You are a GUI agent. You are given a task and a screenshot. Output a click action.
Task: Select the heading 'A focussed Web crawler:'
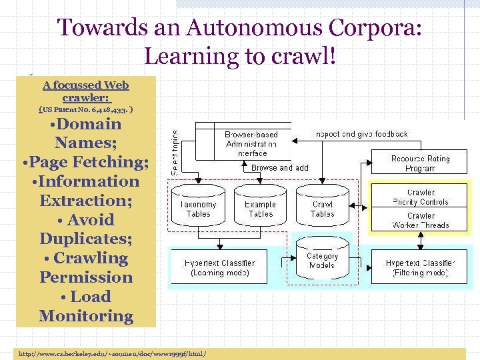click(x=85, y=91)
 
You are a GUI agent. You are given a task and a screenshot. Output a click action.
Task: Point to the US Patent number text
click(x=85, y=108)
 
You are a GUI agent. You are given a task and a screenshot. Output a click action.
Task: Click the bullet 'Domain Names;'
click(x=86, y=133)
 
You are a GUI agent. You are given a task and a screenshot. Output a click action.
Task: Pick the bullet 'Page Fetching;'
click(x=86, y=162)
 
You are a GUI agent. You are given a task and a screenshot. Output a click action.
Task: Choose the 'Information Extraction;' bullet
click(x=86, y=191)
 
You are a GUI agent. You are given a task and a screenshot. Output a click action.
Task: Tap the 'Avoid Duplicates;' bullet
click(x=86, y=229)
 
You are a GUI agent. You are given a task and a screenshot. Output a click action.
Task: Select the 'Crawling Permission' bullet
click(x=86, y=267)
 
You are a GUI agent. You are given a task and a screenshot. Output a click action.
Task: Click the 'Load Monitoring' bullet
click(x=86, y=306)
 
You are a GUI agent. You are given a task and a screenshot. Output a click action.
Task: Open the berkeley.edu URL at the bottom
click(x=113, y=353)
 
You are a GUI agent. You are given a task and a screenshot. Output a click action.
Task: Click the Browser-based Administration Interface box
click(x=251, y=143)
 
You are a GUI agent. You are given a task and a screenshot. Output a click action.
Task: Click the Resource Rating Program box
click(x=421, y=163)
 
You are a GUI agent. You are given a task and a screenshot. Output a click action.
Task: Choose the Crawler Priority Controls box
click(x=421, y=197)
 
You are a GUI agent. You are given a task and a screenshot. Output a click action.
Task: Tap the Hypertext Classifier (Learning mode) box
click(x=220, y=267)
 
